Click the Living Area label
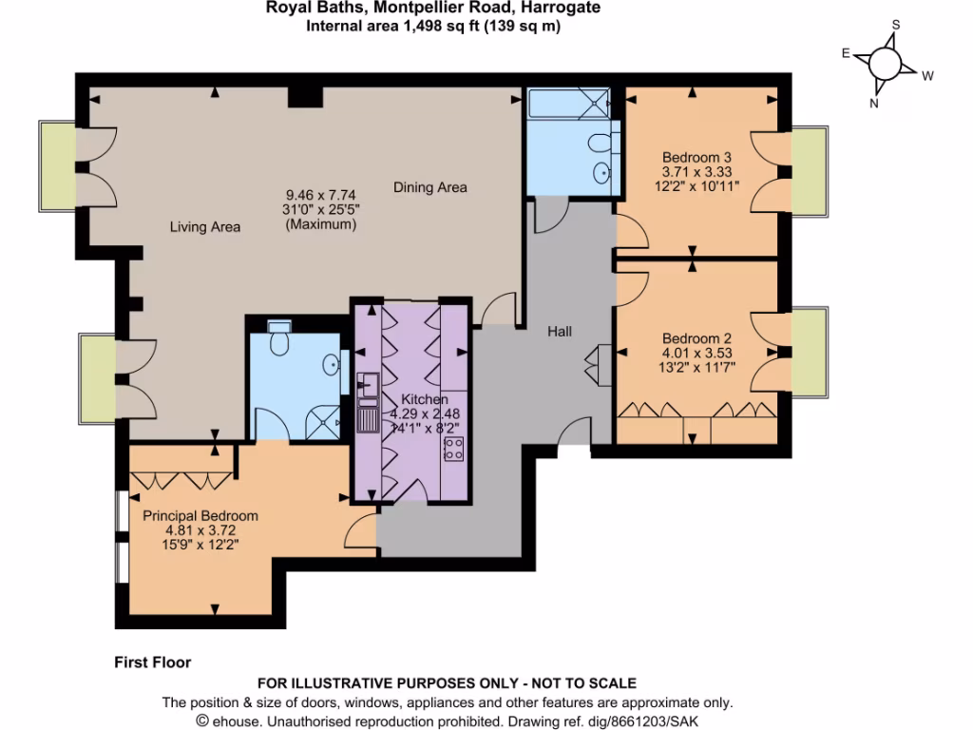205,227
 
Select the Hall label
560,332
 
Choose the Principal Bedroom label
200,516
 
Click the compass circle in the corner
885,65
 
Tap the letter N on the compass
874,105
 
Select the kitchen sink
367,386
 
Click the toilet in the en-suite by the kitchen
279,339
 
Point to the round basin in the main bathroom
602,173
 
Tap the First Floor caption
152,663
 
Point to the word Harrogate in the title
558,9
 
